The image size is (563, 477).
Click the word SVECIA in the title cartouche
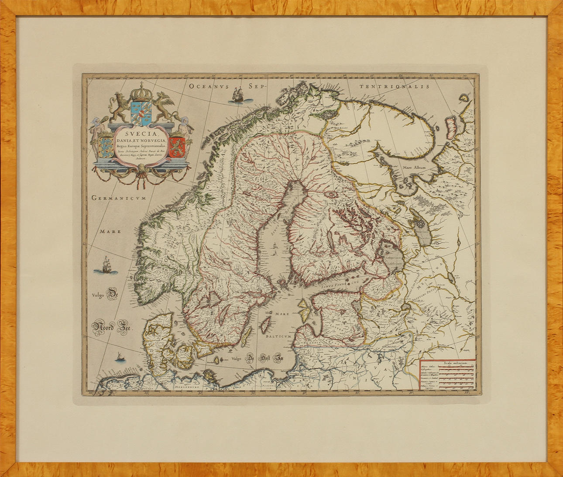click(x=141, y=130)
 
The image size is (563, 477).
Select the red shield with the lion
click(x=177, y=146)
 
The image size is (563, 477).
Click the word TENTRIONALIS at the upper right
click(x=395, y=86)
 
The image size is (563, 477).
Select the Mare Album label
click(x=414, y=168)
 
